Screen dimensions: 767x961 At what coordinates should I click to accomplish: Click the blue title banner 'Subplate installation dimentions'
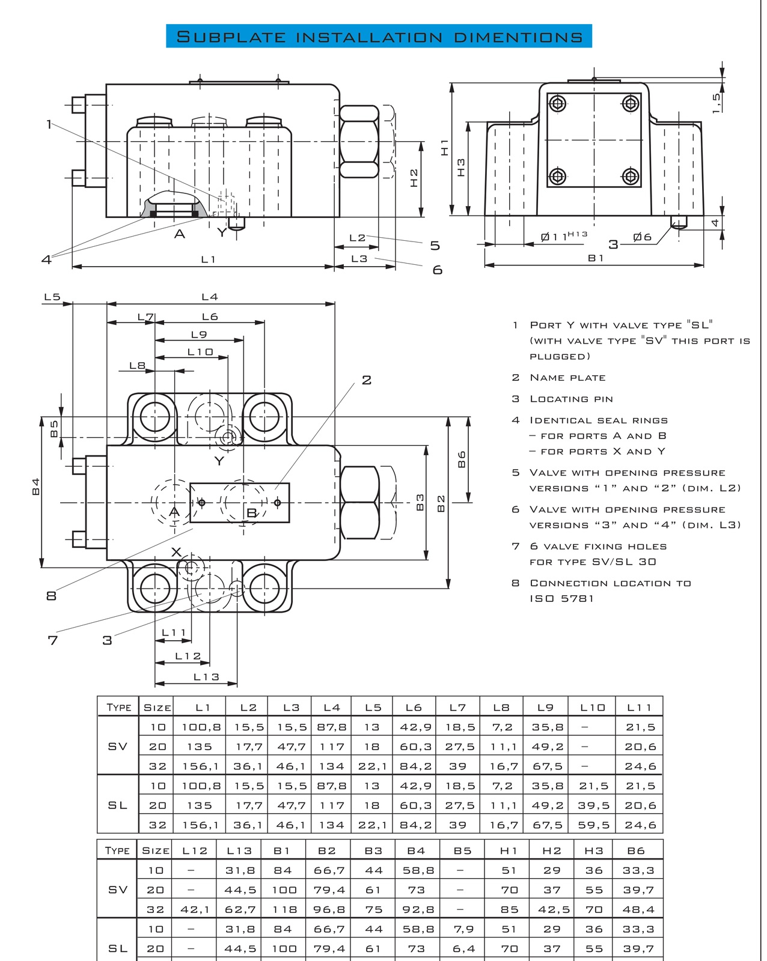tap(379, 35)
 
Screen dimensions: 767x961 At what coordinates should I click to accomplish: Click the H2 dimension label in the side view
tap(414, 178)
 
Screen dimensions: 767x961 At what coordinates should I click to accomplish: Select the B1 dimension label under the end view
tap(596, 258)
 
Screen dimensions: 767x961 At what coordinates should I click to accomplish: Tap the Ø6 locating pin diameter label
tap(643, 237)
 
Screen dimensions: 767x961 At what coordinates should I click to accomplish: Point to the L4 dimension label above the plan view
tap(210, 297)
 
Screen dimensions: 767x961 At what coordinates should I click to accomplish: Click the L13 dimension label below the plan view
tap(206, 676)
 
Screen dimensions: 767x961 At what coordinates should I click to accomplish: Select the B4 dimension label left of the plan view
tap(36, 487)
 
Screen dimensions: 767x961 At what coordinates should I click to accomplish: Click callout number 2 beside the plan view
tap(367, 380)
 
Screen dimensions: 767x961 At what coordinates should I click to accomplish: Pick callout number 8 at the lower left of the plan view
tap(52, 595)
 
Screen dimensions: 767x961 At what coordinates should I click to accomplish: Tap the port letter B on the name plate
tap(252, 513)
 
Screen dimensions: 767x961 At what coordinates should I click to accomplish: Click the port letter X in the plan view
tap(177, 552)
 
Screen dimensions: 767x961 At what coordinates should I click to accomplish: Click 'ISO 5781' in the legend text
tap(562, 598)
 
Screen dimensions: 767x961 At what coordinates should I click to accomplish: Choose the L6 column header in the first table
tap(414, 708)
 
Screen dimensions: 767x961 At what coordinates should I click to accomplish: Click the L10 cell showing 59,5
tap(593, 825)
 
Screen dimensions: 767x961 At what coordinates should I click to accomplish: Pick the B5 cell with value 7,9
tap(463, 929)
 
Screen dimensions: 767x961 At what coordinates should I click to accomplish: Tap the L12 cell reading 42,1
tap(194, 909)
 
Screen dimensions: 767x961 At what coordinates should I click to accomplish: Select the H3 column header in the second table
tap(593, 850)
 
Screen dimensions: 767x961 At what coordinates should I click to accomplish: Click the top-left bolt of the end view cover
tap(557, 103)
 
